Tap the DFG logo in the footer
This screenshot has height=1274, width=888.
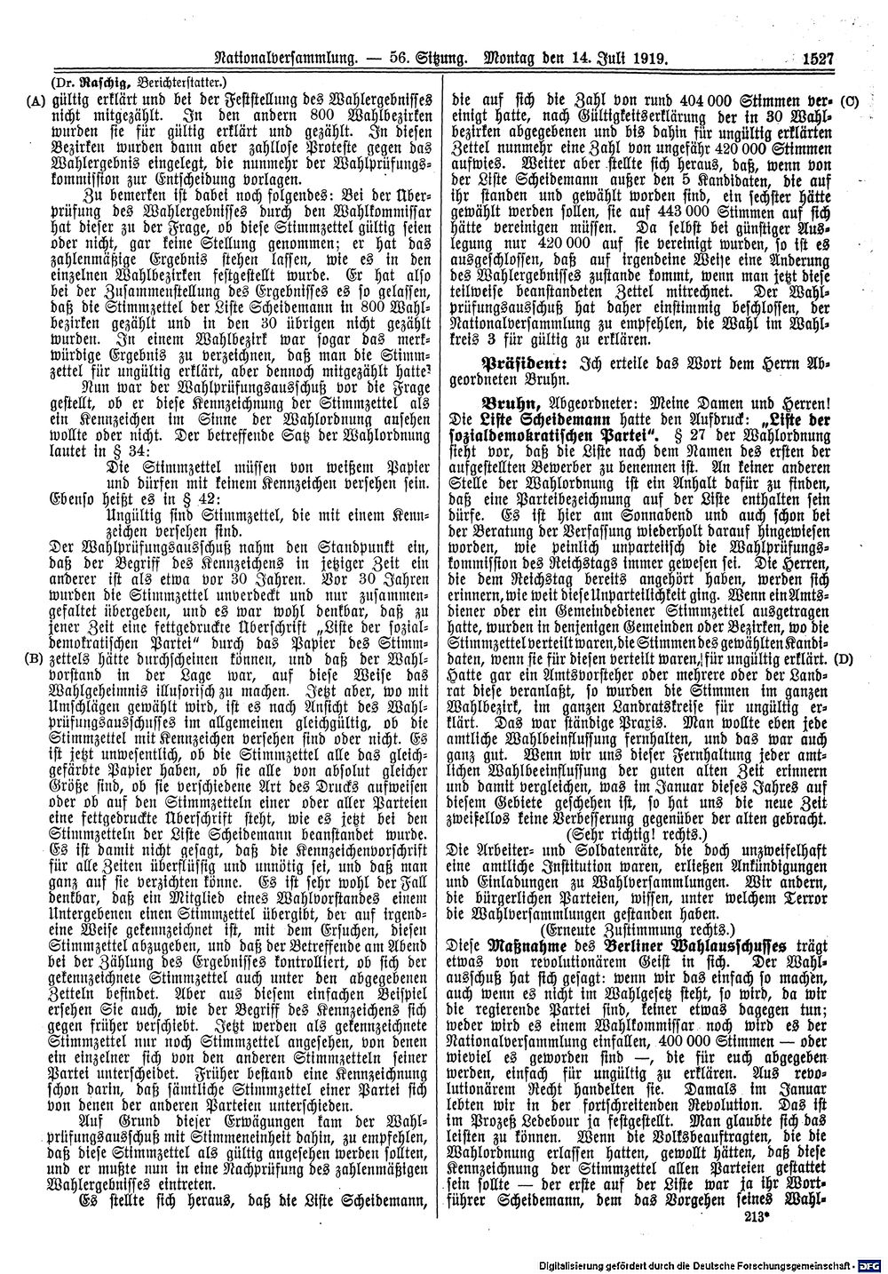pyautogui.click(x=872, y=1264)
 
